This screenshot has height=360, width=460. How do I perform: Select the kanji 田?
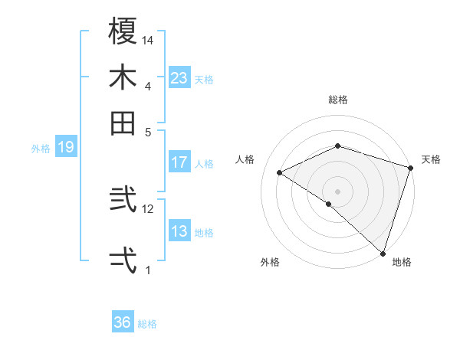pyautogui.click(x=123, y=123)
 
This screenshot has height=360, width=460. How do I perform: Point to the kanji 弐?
pyautogui.click(x=123, y=201)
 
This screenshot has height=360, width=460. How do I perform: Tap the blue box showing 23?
pyautogui.click(x=179, y=78)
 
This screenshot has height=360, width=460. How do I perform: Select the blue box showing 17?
pyautogui.click(x=179, y=162)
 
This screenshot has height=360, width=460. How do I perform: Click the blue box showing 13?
pyautogui.click(x=179, y=232)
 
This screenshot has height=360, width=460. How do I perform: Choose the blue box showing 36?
pyautogui.click(x=123, y=322)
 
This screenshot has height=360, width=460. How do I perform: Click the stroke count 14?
pyautogui.click(x=149, y=40)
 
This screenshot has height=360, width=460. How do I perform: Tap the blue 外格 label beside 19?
pyautogui.click(x=41, y=149)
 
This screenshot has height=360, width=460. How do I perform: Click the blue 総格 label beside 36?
pyautogui.click(x=147, y=324)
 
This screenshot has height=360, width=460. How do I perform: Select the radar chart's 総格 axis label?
pyautogui.click(x=338, y=100)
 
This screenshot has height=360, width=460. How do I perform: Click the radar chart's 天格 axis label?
pyautogui.click(x=431, y=159)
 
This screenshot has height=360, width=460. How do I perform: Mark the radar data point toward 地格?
pyautogui.click(x=383, y=253)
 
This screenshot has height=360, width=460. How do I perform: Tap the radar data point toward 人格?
pyautogui.click(x=280, y=173)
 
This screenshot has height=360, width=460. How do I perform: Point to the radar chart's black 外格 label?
pyautogui.click(x=270, y=263)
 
